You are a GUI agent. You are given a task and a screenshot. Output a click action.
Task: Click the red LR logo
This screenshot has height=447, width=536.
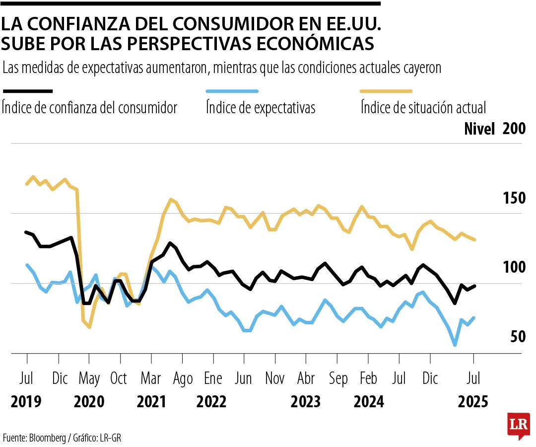pyautogui.click(x=518, y=425)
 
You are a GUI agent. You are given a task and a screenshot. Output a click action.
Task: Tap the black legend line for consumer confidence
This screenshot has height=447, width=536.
pyautogui.click(x=28, y=91)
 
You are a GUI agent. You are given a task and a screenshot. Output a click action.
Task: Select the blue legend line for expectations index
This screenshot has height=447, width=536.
pyautogui.click(x=232, y=91)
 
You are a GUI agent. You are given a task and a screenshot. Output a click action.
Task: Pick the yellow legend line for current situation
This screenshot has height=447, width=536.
pyautogui.click(x=387, y=91)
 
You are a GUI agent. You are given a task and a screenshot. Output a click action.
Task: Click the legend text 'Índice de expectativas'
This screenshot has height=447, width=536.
pyautogui.click(x=261, y=108)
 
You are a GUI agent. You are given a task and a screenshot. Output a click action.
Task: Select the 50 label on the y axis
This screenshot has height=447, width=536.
pyautogui.click(x=518, y=336)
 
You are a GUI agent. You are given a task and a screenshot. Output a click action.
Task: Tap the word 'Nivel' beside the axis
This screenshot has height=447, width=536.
pyautogui.click(x=479, y=129)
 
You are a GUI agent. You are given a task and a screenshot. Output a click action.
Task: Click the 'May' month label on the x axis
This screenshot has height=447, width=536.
pyautogui.click(x=89, y=378)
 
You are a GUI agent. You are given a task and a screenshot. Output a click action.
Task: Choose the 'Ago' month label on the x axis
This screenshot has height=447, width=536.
pyautogui.click(x=183, y=378)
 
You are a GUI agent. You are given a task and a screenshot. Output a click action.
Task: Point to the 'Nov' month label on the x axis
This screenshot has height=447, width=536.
pyautogui.click(x=275, y=378)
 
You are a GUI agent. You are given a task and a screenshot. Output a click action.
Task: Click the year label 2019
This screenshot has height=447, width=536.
pyautogui.click(x=26, y=401)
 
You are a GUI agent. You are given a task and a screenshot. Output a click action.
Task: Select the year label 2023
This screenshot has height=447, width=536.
pyautogui.click(x=306, y=401)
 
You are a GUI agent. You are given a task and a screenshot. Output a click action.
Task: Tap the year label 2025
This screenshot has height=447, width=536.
pyautogui.click(x=473, y=401)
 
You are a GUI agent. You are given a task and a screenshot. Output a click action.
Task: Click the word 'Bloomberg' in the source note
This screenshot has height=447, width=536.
pyautogui.click(x=48, y=438)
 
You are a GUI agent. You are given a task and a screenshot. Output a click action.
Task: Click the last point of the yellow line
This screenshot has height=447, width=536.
pyautogui.click(x=475, y=240)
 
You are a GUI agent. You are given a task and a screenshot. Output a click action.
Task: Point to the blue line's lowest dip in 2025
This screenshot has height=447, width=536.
pyautogui.click(x=455, y=345)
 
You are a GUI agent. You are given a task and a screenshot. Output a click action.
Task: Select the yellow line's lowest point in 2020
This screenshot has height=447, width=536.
pyautogui.click(x=89, y=327)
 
